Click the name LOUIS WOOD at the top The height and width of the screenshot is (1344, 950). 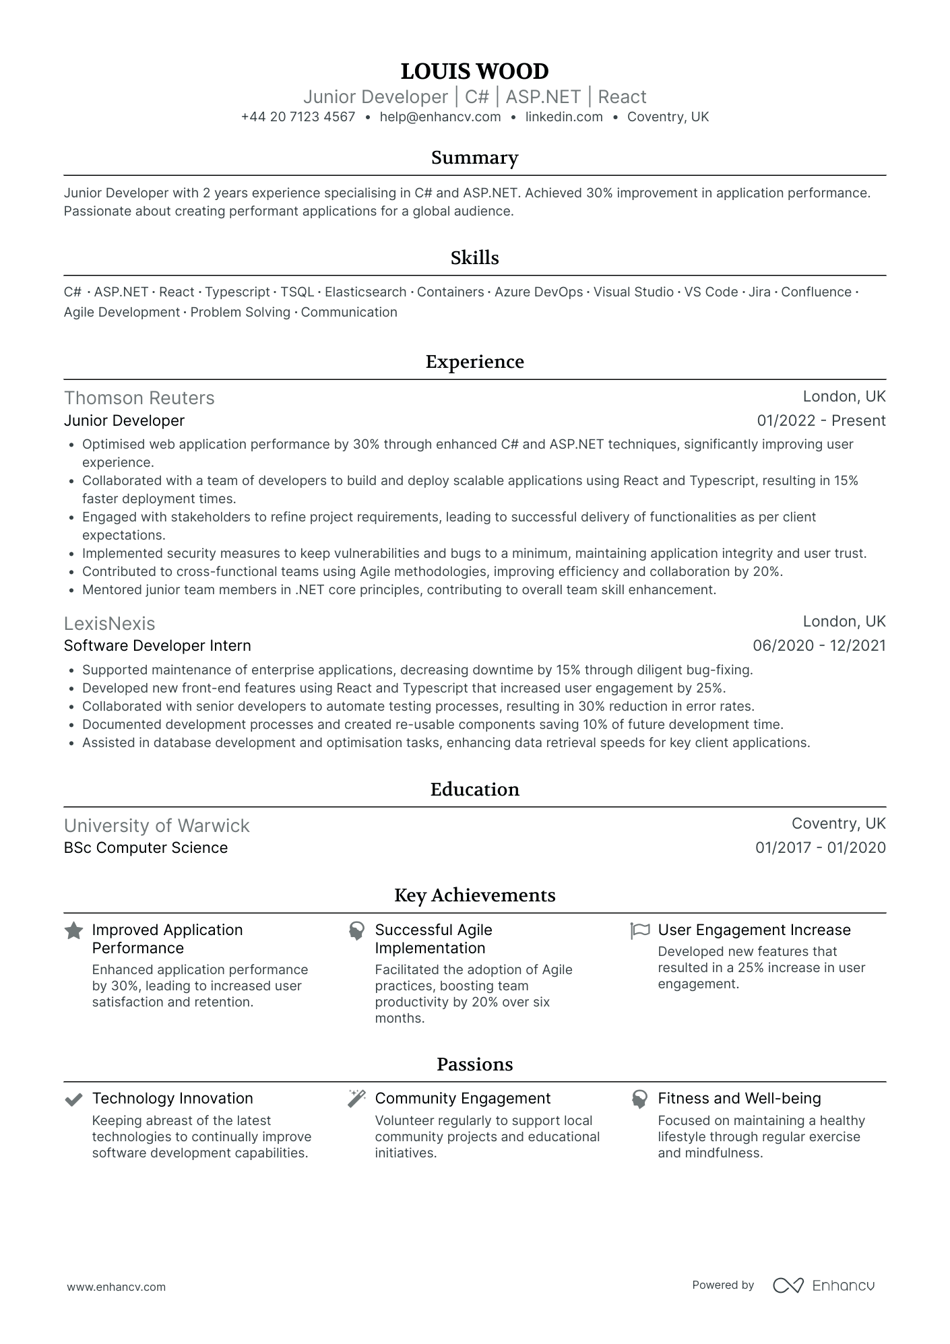click(474, 71)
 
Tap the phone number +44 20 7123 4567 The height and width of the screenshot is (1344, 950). click(298, 117)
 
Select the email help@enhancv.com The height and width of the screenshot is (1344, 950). click(440, 117)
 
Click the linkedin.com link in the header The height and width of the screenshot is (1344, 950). click(563, 117)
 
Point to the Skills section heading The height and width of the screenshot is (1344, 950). click(474, 258)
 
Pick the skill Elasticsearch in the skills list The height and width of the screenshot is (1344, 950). click(365, 292)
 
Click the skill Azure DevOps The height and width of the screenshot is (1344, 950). click(538, 292)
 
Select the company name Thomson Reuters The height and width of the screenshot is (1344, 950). click(139, 398)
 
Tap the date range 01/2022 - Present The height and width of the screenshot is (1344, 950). click(821, 420)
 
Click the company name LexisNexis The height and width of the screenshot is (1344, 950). click(109, 623)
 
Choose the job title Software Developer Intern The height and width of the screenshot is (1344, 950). click(157, 645)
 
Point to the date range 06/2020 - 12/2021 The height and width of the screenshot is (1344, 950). click(819, 645)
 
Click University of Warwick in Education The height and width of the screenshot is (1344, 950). click(156, 825)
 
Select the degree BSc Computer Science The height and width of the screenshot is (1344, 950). click(146, 847)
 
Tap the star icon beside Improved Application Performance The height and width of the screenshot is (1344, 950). click(73, 931)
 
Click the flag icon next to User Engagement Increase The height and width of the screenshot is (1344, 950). click(639, 930)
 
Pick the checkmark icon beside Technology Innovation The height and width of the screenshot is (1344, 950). click(73, 1099)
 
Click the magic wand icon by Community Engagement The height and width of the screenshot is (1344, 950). click(356, 1099)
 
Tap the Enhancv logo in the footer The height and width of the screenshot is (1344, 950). click(823, 1285)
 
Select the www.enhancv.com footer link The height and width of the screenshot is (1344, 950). click(116, 1287)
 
